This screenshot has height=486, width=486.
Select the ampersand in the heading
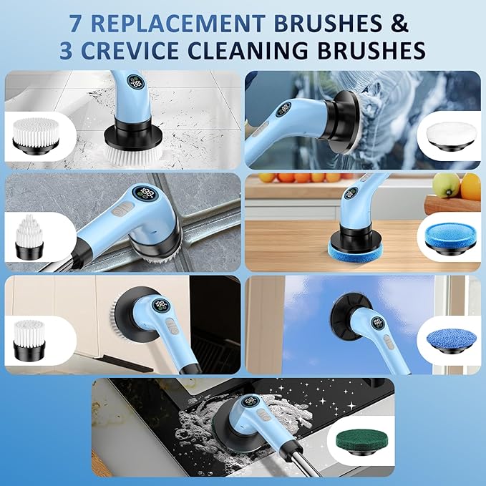400,22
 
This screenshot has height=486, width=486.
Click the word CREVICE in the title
155,52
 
